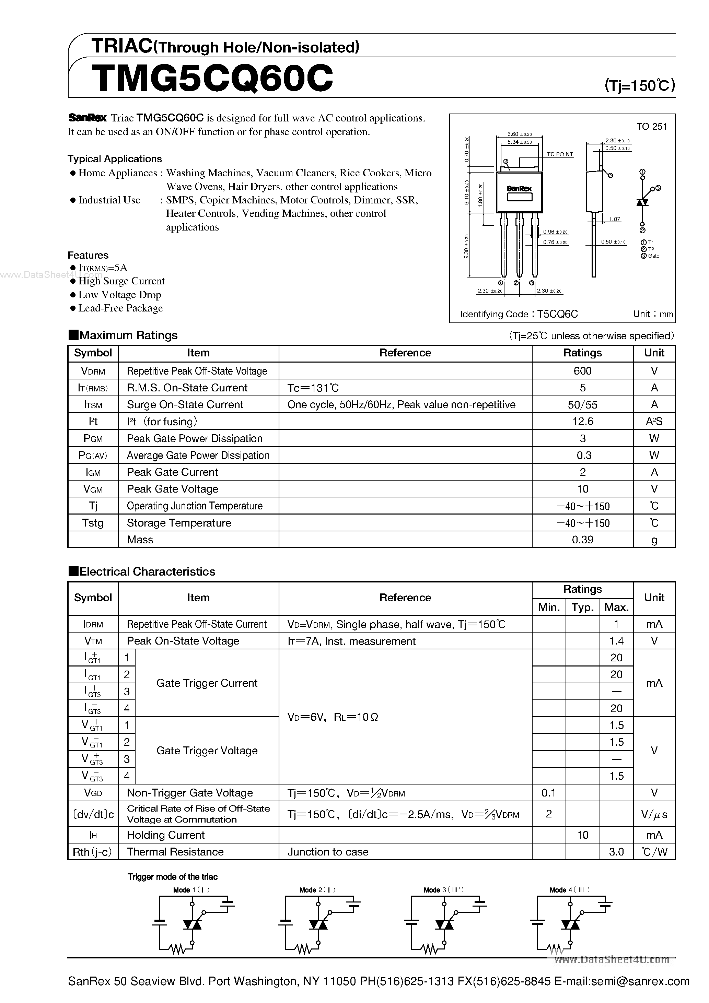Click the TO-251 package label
[651, 127]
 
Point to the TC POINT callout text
[559, 154]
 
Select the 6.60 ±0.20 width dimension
[519, 134]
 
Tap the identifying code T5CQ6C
[557, 314]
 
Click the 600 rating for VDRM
[582, 371]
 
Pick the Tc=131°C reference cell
[313, 388]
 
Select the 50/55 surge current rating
[582, 405]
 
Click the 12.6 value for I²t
[582, 422]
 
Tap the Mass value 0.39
[582, 540]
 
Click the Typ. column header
[582, 607]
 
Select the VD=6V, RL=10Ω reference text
[333, 717]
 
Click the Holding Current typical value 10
[582, 835]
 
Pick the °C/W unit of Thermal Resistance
[654, 852]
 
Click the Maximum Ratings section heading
[128, 335]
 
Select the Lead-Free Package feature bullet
[120, 308]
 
